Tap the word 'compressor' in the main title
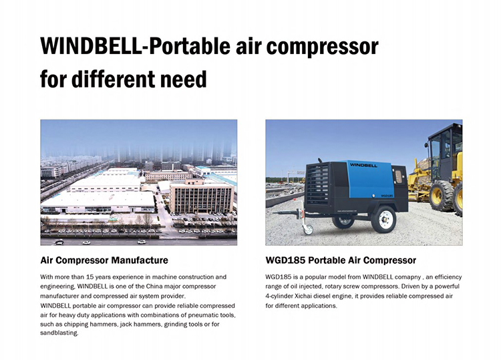(323, 47)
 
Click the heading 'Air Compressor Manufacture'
(104, 260)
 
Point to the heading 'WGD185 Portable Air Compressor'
(341, 260)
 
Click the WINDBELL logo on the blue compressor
(363, 165)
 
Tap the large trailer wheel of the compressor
(383, 219)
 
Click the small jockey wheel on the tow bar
(308, 229)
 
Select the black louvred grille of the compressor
(317, 185)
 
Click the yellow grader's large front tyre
(442, 196)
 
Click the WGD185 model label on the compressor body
(387, 196)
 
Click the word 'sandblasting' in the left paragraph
(59, 333)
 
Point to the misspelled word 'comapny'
(409, 277)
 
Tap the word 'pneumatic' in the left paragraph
(203, 315)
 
